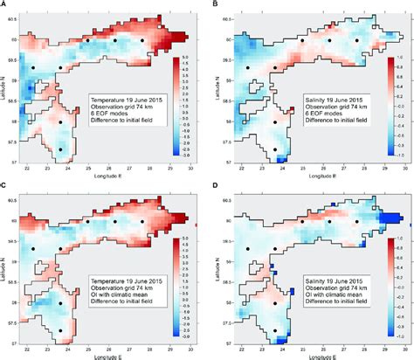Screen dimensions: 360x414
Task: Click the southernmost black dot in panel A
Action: point(60,149)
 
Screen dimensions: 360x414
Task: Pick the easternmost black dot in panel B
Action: point(356,40)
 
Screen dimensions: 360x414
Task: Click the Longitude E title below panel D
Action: point(310,357)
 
